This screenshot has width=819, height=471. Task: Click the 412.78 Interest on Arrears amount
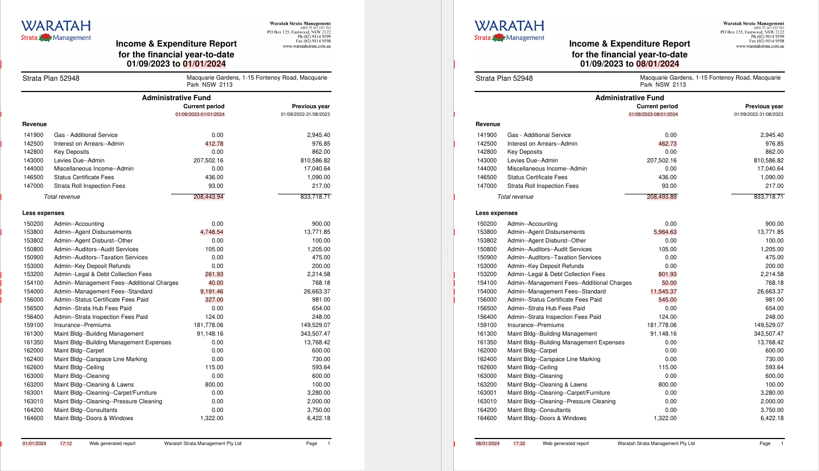tap(214, 143)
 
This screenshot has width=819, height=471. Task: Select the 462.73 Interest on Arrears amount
tap(667, 143)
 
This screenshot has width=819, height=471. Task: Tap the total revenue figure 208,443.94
tap(209, 197)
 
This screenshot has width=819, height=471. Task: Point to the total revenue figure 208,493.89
tap(661, 197)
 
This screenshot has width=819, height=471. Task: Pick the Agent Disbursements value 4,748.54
tap(212, 232)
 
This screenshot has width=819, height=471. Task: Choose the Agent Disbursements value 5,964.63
tap(665, 232)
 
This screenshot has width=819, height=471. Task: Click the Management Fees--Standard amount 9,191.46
tap(212, 291)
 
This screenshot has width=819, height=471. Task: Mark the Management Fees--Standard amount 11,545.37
tap(663, 291)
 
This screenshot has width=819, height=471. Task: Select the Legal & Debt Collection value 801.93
tap(667, 274)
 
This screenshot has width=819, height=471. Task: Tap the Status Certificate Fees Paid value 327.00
tap(214, 299)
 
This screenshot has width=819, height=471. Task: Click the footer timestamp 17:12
tap(66, 443)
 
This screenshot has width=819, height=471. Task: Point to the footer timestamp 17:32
tap(519, 443)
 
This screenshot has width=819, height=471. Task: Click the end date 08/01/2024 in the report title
tap(658, 64)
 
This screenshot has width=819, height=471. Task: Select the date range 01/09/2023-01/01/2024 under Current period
tap(200, 114)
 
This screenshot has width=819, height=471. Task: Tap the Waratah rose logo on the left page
tap(45, 37)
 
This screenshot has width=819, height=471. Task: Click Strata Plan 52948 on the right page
tap(504, 78)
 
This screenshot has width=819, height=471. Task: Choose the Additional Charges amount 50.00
tap(669, 283)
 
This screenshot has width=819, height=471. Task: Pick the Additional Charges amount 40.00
tap(216, 283)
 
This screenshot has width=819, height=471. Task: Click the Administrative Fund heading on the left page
tap(176, 97)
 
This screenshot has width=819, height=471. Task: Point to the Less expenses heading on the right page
tap(496, 213)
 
